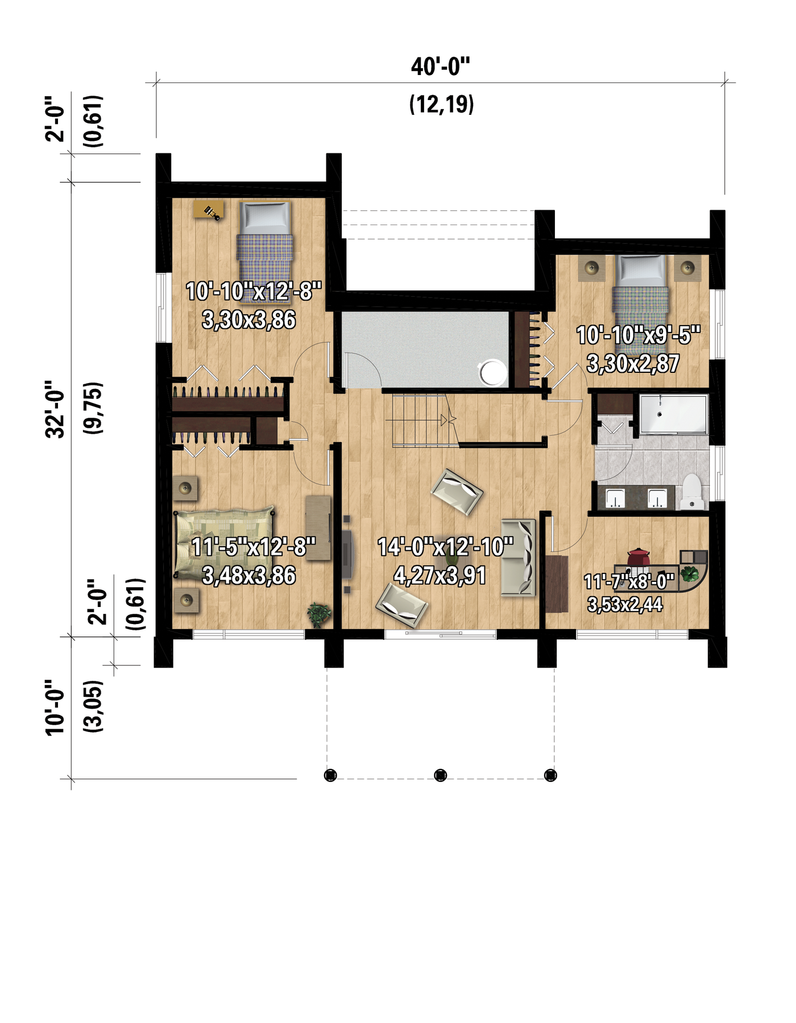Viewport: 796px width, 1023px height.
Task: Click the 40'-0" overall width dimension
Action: click(x=441, y=66)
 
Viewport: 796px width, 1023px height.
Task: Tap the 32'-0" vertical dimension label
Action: click(x=56, y=409)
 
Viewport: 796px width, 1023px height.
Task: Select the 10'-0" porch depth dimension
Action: click(x=56, y=707)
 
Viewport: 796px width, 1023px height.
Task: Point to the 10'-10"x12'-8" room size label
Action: click(x=254, y=292)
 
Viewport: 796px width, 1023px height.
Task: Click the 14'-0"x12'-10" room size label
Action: click(x=445, y=547)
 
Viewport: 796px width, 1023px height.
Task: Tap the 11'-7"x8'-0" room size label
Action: click(x=629, y=581)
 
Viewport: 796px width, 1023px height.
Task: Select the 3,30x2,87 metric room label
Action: click(x=633, y=363)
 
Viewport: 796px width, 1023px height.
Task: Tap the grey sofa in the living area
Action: click(x=519, y=558)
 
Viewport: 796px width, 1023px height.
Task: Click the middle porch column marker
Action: click(x=441, y=775)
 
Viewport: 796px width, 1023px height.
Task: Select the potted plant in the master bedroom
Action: click(x=319, y=614)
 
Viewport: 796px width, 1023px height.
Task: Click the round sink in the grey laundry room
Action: click(x=492, y=372)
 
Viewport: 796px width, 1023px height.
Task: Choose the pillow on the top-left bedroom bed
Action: click(x=263, y=217)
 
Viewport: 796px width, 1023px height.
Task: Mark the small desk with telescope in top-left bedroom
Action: click(x=209, y=209)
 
